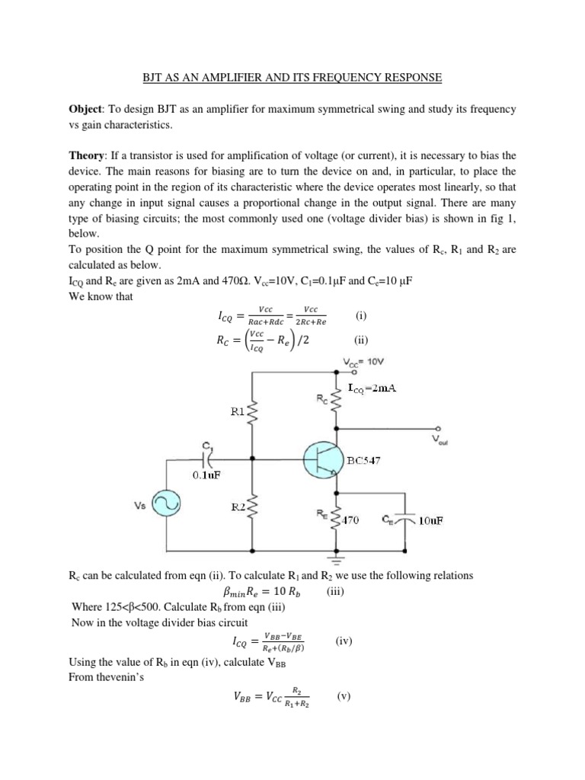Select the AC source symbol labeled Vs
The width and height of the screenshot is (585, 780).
165,503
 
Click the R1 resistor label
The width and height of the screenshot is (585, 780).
239,413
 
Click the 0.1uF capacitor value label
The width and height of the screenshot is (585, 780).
206,477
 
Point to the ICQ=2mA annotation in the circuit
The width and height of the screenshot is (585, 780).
374,388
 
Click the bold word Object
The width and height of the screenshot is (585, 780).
88,110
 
